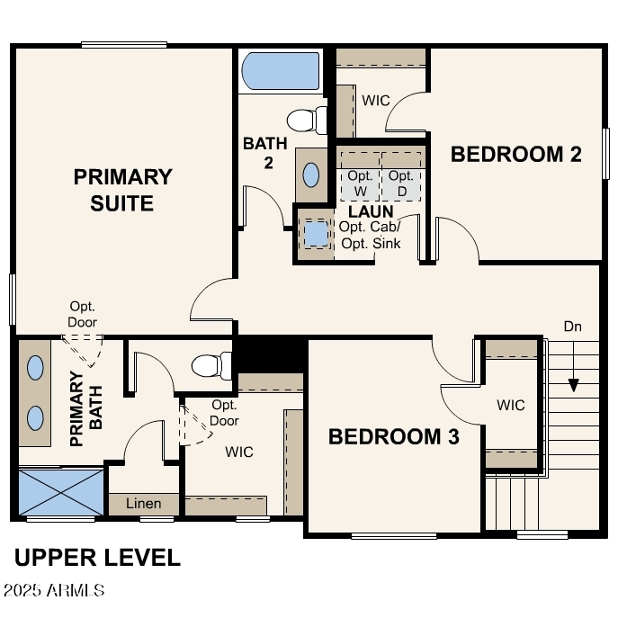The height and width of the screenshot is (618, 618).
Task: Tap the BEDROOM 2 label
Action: (515, 154)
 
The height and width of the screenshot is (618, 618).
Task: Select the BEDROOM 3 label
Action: (394, 437)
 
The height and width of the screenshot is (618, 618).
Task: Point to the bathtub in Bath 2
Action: (281, 71)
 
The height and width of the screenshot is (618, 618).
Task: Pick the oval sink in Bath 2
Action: (312, 175)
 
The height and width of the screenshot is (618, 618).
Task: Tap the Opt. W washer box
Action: (361, 183)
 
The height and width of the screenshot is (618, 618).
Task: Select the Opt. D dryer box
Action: (401, 183)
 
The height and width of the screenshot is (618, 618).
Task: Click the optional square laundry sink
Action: (316, 234)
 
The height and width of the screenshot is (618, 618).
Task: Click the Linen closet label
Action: (143, 504)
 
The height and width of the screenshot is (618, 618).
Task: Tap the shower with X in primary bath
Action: (60, 491)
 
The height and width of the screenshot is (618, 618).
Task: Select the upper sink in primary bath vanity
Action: (35, 368)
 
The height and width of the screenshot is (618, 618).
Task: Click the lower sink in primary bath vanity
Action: (35, 417)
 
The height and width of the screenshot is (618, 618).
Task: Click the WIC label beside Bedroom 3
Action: (510, 405)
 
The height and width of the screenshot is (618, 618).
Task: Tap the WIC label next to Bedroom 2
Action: (376, 100)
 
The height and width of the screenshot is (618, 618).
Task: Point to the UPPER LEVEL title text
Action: (97, 558)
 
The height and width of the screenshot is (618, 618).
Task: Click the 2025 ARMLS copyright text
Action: (54, 591)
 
